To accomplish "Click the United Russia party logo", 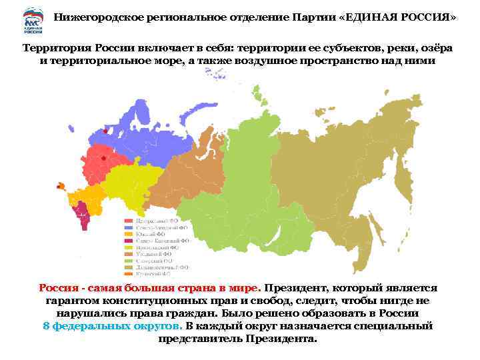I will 32,20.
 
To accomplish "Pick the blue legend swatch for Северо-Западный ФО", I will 127,227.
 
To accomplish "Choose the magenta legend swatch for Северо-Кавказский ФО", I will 127,240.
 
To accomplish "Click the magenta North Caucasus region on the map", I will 83,215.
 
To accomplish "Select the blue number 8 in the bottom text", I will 46,326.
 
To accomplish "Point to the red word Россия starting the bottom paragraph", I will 58,288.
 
